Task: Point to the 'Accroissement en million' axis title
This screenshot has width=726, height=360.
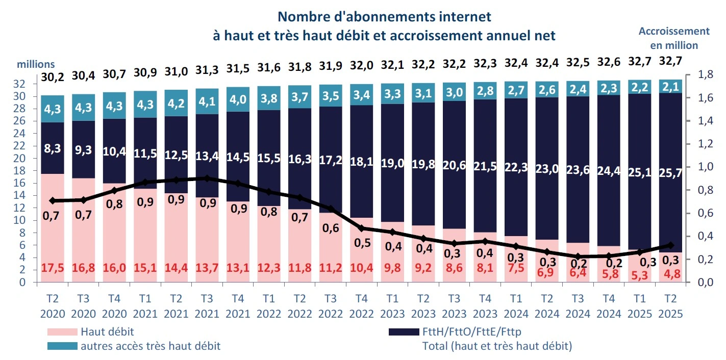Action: [x=674, y=38]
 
